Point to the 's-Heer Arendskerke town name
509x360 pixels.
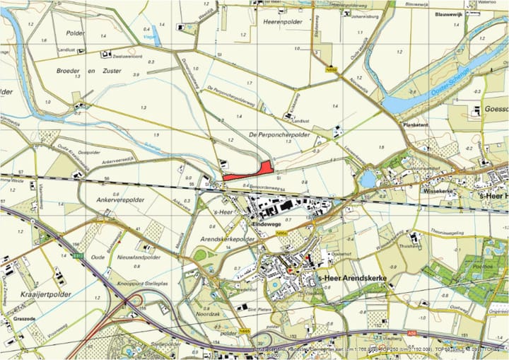tap(353, 278)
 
